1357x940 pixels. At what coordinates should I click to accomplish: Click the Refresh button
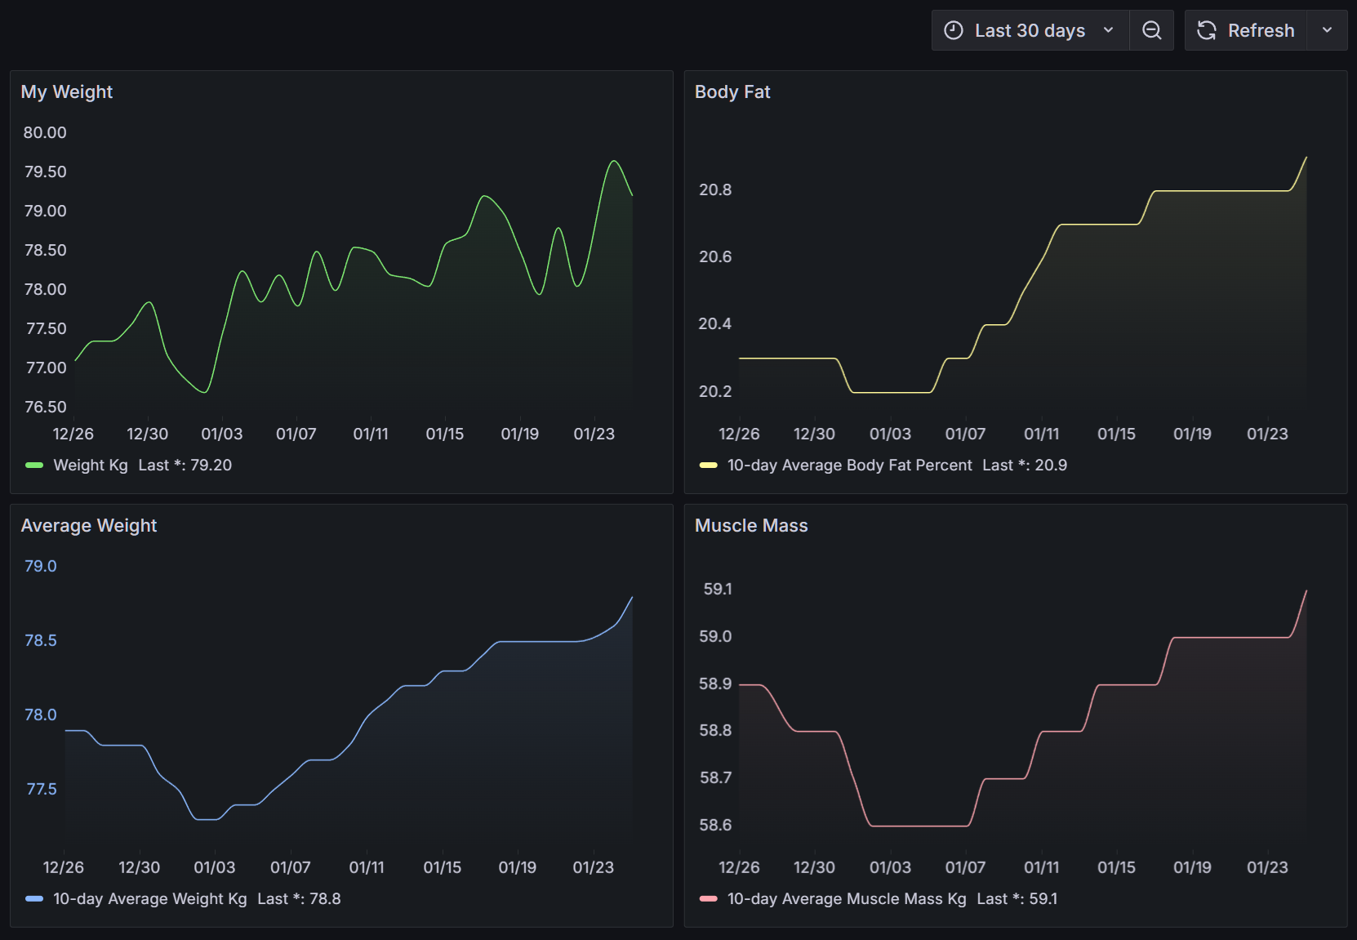(1246, 31)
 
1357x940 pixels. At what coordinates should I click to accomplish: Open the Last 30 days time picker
(1030, 31)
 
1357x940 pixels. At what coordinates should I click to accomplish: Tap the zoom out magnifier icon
(1151, 31)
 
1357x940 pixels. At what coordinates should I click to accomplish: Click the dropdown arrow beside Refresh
(1327, 31)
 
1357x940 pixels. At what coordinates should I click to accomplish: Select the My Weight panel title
(67, 92)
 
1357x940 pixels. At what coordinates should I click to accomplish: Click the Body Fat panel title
(732, 92)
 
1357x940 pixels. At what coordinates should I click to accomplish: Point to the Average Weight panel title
(89, 526)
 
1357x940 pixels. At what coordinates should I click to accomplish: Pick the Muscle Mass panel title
(751, 526)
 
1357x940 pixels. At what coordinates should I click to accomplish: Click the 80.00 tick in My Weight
(45, 133)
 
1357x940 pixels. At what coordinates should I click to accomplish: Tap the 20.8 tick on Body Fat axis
(715, 190)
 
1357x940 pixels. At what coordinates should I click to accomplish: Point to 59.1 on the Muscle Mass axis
(718, 590)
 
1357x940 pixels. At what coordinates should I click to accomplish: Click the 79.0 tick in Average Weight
(41, 567)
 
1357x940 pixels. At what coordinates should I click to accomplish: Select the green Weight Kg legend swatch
(34, 466)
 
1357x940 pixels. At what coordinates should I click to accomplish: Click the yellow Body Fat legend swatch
(708, 466)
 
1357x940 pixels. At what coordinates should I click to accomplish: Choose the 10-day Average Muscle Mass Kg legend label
(847, 899)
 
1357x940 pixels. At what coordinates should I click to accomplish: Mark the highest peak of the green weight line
(614, 161)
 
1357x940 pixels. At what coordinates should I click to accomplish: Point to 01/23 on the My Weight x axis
(594, 434)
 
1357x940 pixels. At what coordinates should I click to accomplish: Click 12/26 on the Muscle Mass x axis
(739, 868)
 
